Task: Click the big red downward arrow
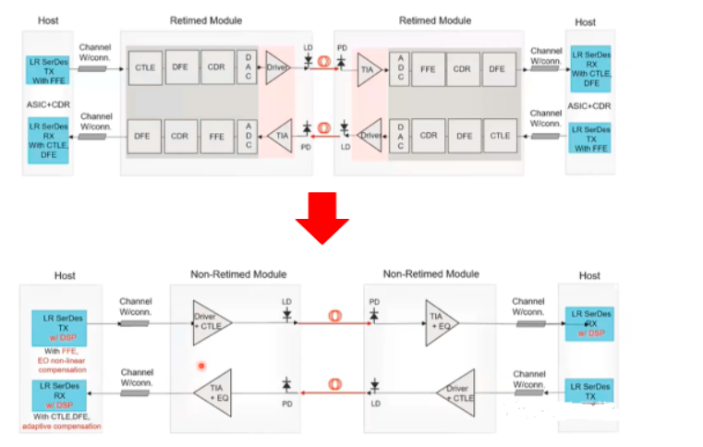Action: [321, 218]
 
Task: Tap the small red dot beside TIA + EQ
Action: [200, 366]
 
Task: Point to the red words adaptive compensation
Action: [61, 426]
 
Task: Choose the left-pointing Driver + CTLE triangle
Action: [457, 393]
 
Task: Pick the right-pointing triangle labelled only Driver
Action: [277, 67]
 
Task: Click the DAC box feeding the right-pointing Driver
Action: [246, 67]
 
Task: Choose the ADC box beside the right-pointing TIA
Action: [400, 67]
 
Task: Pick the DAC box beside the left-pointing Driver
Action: [400, 136]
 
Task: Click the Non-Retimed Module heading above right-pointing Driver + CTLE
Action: [238, 274]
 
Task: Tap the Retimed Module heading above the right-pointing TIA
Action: [435, 20]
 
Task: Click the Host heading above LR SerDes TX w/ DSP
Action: [65, 275]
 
